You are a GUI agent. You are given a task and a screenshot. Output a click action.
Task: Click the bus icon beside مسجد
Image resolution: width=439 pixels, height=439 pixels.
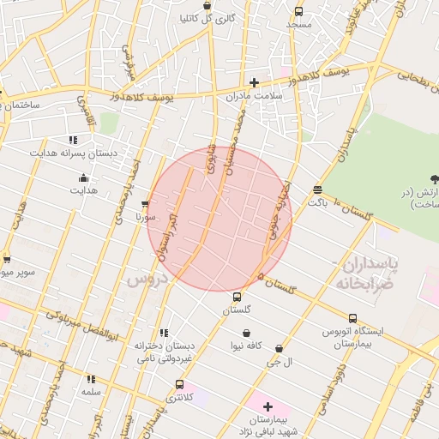point(298,12)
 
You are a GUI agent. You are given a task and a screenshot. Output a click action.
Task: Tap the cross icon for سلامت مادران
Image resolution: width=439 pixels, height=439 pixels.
point(254,83)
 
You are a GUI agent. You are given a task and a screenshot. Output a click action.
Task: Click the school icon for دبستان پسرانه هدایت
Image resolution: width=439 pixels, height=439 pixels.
point(73,140)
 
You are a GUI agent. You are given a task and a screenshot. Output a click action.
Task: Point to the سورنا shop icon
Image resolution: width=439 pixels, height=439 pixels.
point(144,205)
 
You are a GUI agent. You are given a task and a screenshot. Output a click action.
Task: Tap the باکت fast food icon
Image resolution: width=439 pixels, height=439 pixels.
point(318,190)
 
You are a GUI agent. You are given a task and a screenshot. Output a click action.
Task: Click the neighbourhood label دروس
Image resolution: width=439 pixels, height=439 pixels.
point(146,280)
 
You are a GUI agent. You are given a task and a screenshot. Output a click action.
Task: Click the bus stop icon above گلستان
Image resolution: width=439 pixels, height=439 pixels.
point(238,297)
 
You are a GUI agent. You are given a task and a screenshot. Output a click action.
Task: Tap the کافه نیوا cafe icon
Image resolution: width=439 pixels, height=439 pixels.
point(247,333)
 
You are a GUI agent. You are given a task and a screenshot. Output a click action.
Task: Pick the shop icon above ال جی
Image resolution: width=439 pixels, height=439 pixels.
point(280,349)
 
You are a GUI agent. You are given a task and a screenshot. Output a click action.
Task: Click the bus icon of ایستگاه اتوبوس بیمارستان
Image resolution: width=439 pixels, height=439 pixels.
point(352,319)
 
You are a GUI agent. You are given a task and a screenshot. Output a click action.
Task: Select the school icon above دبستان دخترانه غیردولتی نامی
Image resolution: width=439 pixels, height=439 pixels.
point(163,333)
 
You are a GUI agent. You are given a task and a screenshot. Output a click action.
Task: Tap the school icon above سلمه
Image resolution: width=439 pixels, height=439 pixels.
point(91,378)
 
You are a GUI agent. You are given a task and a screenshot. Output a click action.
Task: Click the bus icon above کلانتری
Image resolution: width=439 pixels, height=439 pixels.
point(179,384)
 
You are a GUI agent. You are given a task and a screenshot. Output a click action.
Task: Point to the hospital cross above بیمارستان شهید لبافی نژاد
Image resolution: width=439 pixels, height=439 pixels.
point(268,406)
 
